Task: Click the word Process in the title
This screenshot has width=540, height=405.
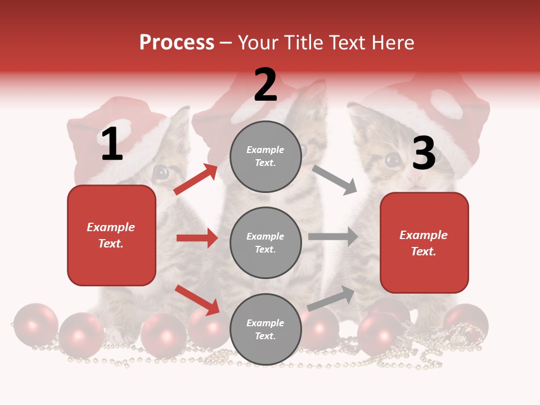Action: pos(177,43)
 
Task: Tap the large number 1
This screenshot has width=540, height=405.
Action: pos(112,144)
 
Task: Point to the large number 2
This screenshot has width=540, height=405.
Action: pos(265,85)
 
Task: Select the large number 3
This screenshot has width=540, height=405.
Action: pos(424,153)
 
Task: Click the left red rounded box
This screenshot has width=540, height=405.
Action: pos(111,235)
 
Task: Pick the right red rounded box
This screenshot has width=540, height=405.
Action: pos(424,243)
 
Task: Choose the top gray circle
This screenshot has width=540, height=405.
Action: pos(265,156)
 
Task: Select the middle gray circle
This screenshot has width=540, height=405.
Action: pos(265,242)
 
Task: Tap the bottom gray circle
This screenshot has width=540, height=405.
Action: pos(265,329)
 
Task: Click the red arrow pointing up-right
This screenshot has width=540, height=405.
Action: pos(196,179)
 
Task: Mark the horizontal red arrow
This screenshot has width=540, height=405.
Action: pos(197,238)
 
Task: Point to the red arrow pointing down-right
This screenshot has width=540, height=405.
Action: pos(197,300)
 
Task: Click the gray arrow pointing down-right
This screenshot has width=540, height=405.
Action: pos(335,179)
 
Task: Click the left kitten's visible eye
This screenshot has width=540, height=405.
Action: pos(161,172)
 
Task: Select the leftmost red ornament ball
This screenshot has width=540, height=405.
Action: pos(35,325)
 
